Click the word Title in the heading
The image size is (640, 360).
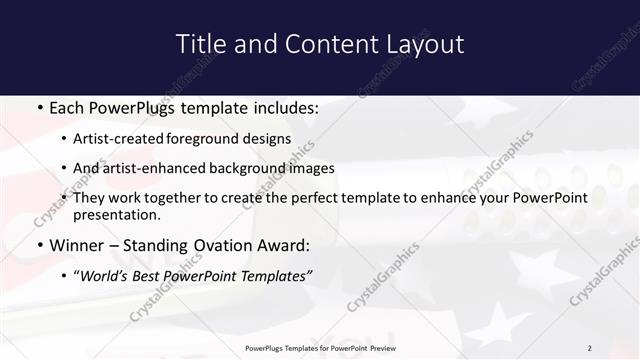click(199, 44)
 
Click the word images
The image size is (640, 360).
click(308, 169)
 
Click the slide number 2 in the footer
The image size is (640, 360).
click(590, 348)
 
